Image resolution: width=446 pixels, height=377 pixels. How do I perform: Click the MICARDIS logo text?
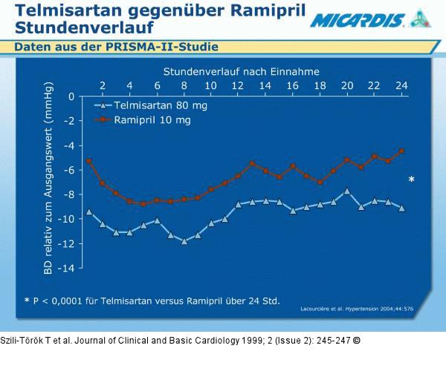(358, 20)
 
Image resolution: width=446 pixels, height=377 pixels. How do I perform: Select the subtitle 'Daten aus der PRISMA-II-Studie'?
(116, 47)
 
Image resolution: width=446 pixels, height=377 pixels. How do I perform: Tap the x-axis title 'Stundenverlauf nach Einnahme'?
(242, 72)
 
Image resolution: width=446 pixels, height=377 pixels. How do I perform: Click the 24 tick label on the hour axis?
(401, 85)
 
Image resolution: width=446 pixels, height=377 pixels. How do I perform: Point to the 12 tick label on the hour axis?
(238, 85)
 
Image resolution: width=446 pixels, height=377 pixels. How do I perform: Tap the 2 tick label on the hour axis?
(103, 85)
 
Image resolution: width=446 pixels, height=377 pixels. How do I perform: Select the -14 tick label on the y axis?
(66, 268)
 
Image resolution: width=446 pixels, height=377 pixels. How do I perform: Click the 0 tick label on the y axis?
(71, 96)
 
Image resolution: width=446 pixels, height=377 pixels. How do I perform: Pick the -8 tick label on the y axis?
(68, 194)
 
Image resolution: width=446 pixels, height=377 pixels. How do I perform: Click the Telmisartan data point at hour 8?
(184, 241)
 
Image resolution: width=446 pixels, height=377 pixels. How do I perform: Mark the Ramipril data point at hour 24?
(401, 151)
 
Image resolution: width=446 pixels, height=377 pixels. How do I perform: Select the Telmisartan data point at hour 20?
(347, 191)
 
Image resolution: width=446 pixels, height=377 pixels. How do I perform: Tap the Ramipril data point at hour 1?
(89, 161)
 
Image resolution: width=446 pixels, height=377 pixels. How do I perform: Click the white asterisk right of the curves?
(412, 180)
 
